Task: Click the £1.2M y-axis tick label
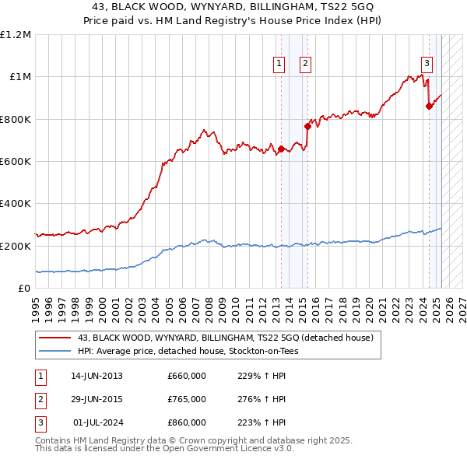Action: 16,34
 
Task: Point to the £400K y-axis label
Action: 16,203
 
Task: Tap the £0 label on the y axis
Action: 25,288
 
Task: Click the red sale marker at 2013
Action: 281,149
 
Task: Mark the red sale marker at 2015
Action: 307,126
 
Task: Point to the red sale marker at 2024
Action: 428,106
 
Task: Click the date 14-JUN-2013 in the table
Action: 97,376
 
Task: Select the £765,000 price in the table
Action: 187,399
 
